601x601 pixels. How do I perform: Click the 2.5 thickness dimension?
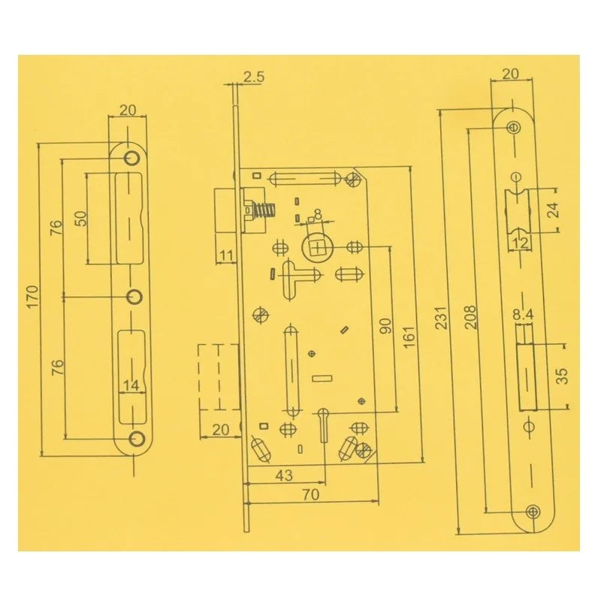pyautogui.click(x=253, y=75)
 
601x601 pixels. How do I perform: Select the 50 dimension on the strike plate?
pyautogui.click(x=80, y=219)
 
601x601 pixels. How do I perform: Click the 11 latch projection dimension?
pyautogui.click(x=226, y=255)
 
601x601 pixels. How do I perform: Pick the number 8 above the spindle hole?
pyautogui.click(x=318, y=214)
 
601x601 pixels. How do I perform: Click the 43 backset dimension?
pyautogui.click(x=283, y=475)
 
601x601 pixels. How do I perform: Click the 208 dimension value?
pyautogui.click(x=469, y=314)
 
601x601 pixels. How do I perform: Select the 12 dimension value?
pyautogui.click(x=521, y=241)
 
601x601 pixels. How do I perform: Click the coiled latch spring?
pyautogui.click(x=261, y=210)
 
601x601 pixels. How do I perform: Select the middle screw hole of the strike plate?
pyautogui.click(x=133, y=295)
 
